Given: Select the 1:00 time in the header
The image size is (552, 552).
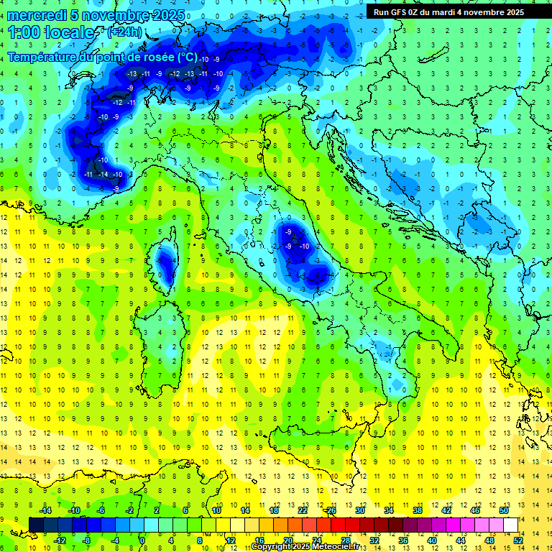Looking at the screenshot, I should [x=24, y=33].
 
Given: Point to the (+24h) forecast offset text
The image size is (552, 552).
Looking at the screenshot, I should [x=124, y=32].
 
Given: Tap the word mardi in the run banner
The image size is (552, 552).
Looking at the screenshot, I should [x=460, y=12].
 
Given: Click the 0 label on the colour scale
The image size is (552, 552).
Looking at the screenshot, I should [x=142, y=540].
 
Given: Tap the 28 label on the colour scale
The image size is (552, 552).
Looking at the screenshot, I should [x=345, y=540].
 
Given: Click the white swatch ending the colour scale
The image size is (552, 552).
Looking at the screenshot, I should [x=510, y=525].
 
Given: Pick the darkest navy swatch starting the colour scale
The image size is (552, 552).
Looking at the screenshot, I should [x=36, y=525].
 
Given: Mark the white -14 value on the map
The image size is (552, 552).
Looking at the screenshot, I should [x=103, y=175].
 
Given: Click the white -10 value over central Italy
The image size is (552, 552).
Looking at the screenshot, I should [x=305, y=247].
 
